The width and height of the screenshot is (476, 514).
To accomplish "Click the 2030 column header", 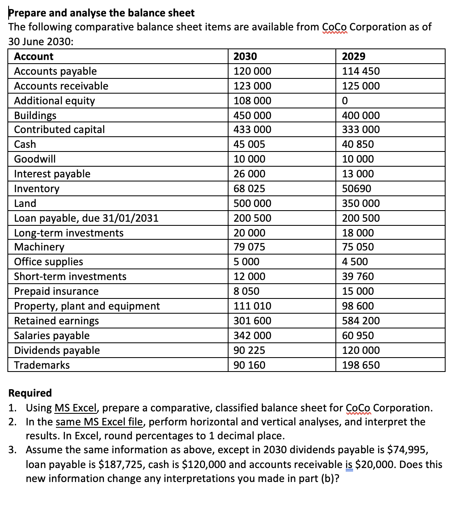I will tap(245, 57).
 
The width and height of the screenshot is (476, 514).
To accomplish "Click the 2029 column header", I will tap(354, 57).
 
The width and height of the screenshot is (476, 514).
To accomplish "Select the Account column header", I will tap(34, 57).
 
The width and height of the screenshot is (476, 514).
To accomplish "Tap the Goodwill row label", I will tap(35, 159).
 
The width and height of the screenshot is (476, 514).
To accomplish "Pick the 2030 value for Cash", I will tap(249, 144).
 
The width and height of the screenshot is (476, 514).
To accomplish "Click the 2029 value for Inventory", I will tap(356, 188).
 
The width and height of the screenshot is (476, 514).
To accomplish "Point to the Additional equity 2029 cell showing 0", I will tap(345, 101).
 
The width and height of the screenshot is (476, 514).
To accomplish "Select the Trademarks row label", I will tap(42, 365).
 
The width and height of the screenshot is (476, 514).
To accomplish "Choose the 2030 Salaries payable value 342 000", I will tap(252, 335).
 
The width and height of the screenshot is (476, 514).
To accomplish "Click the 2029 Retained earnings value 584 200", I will tap(361, 321).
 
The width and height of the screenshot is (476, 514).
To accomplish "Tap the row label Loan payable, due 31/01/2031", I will tap(86, 218).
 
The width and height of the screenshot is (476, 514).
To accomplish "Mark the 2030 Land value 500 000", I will tap(252, 203).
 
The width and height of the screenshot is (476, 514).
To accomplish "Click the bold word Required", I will tap(30, 393).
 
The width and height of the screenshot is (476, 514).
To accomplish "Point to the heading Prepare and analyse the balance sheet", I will tap(102, 13).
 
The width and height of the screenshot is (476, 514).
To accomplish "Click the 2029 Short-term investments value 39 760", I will tap(358, 276).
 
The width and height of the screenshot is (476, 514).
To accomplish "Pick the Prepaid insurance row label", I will tap(56, 291).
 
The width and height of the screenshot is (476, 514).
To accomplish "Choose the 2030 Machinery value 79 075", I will tap(249, 247).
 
